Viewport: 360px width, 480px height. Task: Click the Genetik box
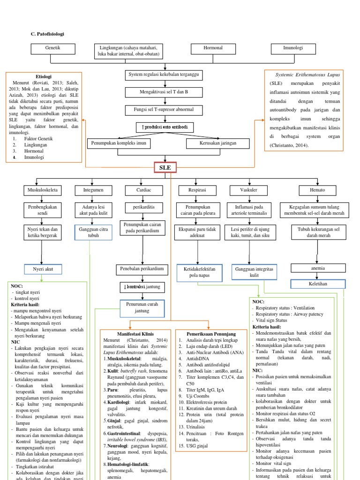coord(52,48)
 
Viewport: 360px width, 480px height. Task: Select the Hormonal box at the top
coord(213,48)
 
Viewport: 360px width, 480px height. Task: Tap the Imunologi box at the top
coord(293,48)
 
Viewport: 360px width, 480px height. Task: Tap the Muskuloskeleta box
coord(42,190)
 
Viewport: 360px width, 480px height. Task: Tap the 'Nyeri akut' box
coord(42,270)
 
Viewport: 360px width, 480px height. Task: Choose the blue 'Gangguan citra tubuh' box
coord(94,232)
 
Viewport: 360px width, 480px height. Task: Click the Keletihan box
coord(318,284)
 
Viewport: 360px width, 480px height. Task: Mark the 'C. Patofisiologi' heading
coord(47,34)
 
